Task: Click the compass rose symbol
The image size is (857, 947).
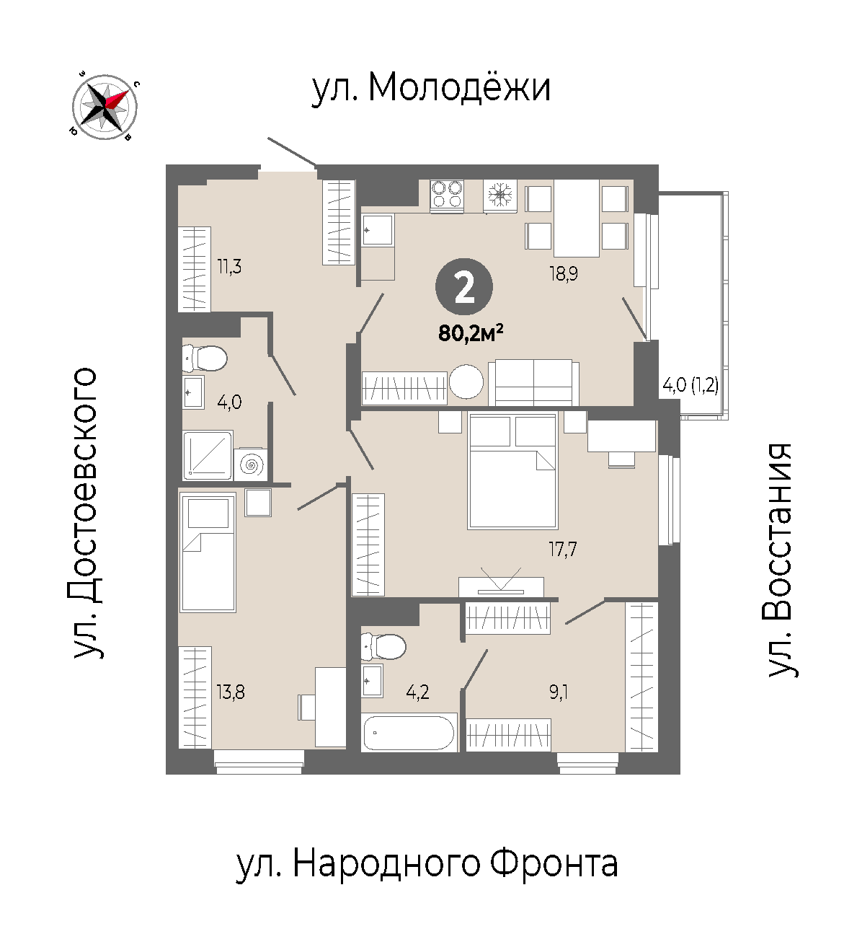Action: coord(105,107)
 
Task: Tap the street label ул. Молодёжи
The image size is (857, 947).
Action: coord(431,88)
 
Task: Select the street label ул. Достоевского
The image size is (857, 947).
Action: coord(86,513)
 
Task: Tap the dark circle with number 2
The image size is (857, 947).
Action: coord(464,287)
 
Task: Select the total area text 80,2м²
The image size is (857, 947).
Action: coord(471,333)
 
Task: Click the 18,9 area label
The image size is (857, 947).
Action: coord(564,273)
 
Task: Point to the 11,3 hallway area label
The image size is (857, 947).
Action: coord(229,267)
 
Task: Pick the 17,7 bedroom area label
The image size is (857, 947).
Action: coord(562,550)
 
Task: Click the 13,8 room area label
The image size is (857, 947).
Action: coord(231,692)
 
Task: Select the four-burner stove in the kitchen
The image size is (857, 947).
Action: coord(447,195)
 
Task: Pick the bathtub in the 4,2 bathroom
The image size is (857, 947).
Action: coord(409,733)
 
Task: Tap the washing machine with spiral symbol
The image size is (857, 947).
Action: coord(251,465)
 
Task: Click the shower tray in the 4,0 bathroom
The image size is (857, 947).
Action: coord(207,454)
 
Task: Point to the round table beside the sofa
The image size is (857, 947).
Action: coord(466,382)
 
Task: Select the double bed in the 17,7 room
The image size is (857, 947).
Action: coord(512,470)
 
